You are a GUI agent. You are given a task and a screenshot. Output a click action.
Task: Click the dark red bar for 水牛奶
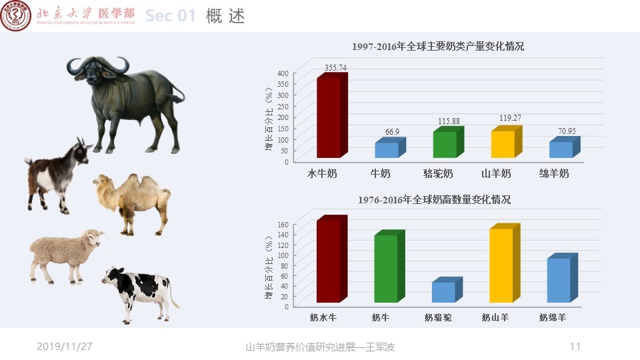point(332,115)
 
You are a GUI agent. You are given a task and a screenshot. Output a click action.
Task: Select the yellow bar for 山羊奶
point(507,141)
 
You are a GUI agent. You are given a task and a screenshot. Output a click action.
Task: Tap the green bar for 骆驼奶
point(449,142)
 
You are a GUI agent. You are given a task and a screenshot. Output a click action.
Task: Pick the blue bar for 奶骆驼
point(447,290)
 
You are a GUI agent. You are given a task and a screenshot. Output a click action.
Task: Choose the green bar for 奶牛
point(389,266)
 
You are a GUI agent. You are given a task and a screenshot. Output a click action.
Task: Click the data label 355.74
point(335,68)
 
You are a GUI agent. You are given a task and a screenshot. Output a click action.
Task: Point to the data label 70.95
point(567,131)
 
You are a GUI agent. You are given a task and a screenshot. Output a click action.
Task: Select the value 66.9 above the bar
point(392,132)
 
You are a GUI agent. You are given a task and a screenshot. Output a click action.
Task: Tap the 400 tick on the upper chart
point(283,73)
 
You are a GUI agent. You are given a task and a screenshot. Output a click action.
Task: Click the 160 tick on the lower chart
point(283,225)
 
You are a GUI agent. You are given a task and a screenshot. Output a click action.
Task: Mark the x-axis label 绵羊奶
point(554,173)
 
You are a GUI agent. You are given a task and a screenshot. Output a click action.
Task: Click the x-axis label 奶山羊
point(495,317)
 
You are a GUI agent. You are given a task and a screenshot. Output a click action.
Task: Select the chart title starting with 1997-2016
point(438,47)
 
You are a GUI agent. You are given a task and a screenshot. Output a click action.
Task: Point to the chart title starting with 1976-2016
point(434,199)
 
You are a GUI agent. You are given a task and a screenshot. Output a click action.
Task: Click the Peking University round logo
point(15,16)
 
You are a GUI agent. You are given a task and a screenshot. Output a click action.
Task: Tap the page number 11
point(575,347)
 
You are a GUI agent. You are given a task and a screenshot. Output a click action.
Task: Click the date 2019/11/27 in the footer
point(65,347)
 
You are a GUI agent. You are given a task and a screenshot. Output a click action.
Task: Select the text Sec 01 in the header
point(171,16)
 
